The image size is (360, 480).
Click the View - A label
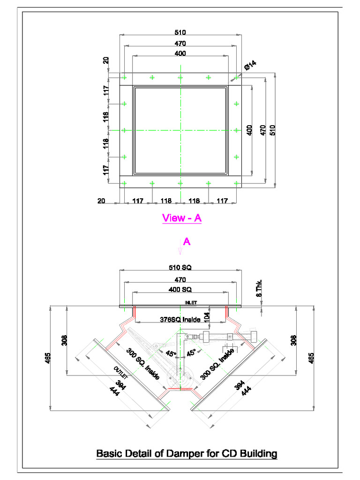click(181, 218)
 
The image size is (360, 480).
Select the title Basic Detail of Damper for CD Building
click(187, 453)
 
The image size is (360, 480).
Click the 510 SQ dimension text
click(180, 268)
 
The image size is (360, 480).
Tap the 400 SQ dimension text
click(180, 289)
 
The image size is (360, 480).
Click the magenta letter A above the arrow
click(186, 242)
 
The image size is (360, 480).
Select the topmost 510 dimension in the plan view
click(180, 32)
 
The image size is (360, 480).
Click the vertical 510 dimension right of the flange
click(272, 130)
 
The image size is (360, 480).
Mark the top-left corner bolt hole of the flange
click(124, 77)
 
